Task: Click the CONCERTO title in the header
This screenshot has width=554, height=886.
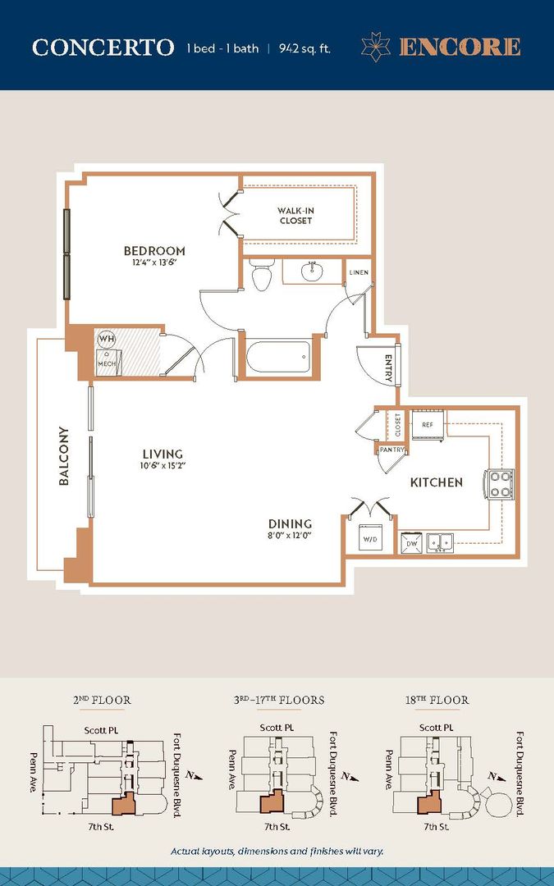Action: tap(103, 48)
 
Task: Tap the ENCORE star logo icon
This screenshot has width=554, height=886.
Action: tap(376, 47)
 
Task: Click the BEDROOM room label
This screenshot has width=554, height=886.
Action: tap(154, 251)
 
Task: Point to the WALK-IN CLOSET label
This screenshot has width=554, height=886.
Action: tap(295, 216)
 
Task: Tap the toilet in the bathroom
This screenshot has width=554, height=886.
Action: tap(262, 276)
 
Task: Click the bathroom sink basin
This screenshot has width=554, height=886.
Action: tap(312, 271)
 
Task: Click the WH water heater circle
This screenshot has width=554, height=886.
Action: tap(107, 338)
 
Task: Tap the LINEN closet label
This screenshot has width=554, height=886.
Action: tap(358, 272)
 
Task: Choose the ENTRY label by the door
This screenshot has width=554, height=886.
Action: tap(389, 367)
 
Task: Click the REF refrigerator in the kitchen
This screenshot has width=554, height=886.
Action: tap(428, 426)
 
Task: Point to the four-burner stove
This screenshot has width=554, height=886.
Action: tap(500, 483)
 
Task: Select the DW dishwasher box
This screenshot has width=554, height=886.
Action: tap(410, 541)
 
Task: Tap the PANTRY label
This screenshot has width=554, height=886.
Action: tap(390, 449)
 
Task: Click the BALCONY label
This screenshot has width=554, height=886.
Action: tap(63, 456)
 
